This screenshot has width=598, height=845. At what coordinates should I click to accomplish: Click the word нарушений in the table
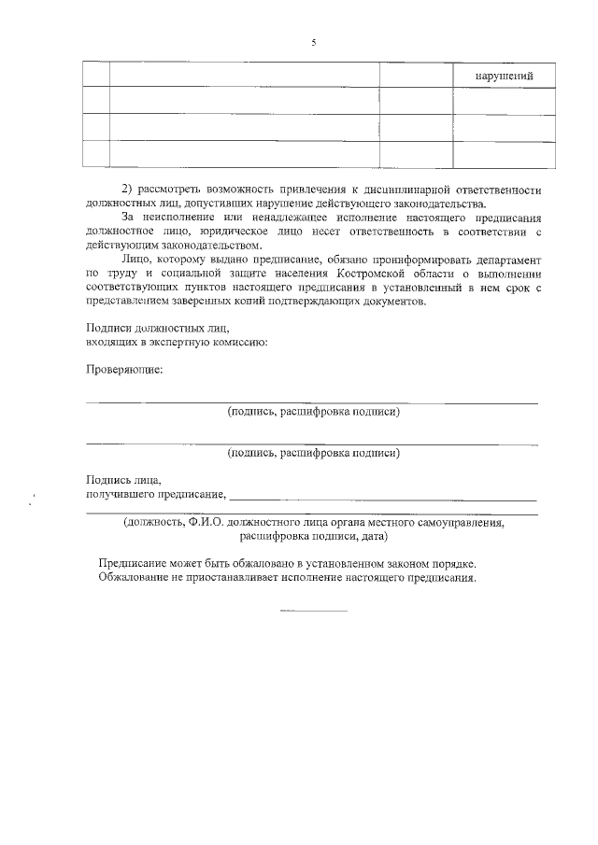click(x=504, y=76)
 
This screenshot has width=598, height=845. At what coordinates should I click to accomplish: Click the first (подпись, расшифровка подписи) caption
click(x=314, y=412)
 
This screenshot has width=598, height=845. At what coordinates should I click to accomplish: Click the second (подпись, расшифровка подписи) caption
click(x=314, y=454)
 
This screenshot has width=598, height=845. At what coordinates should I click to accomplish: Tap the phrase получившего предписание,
click(x=156, y=494)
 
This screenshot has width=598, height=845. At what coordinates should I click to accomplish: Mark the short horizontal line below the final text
click(x=314, y=611)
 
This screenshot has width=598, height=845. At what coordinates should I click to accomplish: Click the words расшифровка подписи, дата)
click(x=314, y=537)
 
